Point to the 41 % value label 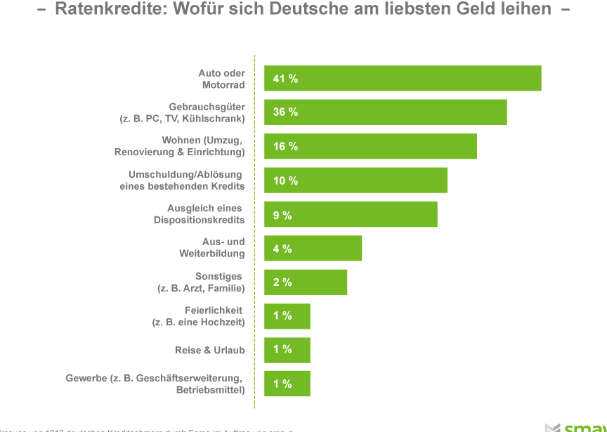[285, 79]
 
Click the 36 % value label [285, 112]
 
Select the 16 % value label [285, 146]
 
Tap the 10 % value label [285, 181]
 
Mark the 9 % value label [282, 215]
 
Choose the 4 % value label [282, 249]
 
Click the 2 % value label [282, 282]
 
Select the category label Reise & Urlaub [209, 350]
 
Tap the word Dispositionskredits [199, 220]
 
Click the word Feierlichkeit [214, 310]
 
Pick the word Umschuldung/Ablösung [185, 174]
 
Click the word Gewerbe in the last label [86, 378]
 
